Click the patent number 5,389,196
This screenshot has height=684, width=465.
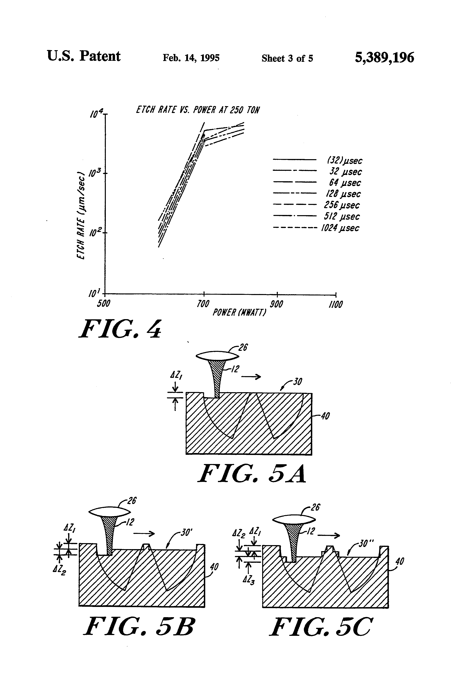pos(384,58)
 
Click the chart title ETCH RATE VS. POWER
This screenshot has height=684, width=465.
pos(197,110)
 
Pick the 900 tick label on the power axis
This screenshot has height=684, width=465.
pos(276,304)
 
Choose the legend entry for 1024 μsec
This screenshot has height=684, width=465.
pos(340,228)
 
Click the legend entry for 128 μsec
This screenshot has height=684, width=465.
pos(343,194)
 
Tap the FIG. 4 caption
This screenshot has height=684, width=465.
pos(120,329)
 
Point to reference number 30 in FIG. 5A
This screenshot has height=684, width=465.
pos(297,382)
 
